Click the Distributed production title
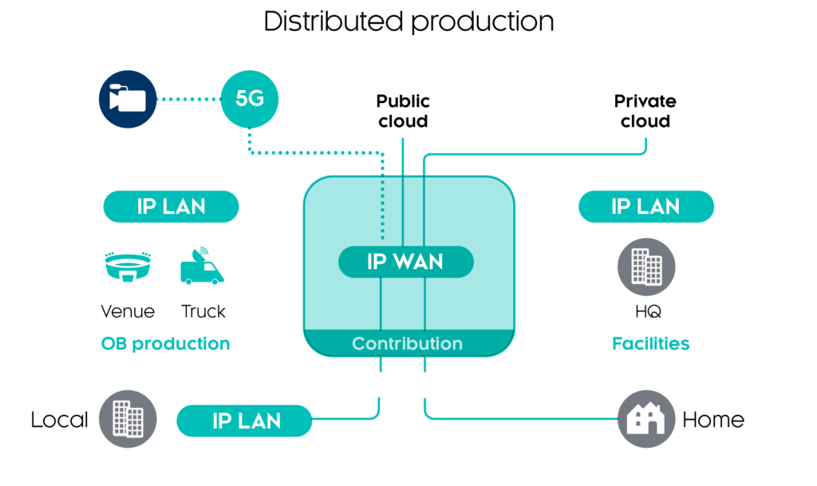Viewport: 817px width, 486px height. tap(408, 22)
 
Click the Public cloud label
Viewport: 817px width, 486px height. tap(403, 112)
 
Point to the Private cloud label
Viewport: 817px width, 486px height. tap(645, 112)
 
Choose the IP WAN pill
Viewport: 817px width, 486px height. tap(406, 262)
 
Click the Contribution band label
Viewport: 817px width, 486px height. tap(408, 344)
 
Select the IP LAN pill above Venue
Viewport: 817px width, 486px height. tap(171, 207)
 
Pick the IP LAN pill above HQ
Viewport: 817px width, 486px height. tap(645, 207)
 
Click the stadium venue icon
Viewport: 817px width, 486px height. tap(127, 267)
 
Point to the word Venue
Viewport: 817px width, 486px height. tap(128, 311)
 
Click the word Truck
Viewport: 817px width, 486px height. tap(203, 311)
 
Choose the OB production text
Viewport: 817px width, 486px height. tap(165, 344)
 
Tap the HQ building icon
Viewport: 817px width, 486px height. tap(646, 267)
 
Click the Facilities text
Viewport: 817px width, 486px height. tap(650, 344)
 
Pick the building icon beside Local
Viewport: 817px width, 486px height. tap(128, 420)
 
